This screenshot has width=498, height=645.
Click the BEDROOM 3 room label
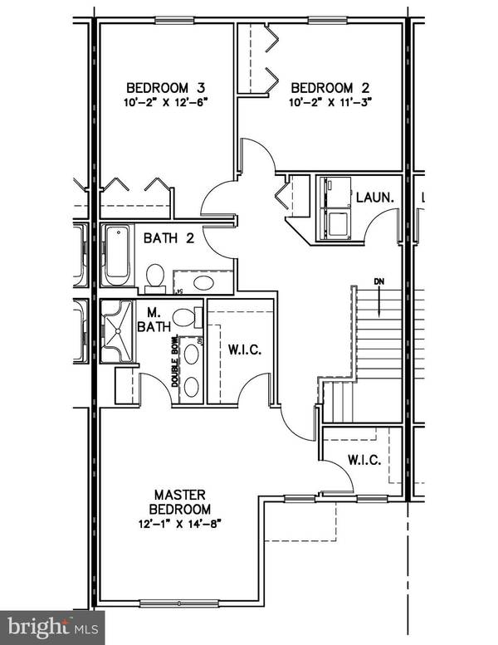[165, 87]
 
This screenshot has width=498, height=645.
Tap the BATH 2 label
[168, 238]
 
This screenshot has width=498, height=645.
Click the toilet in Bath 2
[155, 276]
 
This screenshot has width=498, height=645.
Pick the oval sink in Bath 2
[203, 284]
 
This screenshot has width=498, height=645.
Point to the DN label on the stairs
[379, 281]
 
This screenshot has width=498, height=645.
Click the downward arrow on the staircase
[379, 303]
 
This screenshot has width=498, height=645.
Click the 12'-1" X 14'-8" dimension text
[179, 524]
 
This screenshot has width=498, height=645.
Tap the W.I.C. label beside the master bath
[245, 350]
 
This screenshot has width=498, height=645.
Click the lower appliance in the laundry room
[336, 223]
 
